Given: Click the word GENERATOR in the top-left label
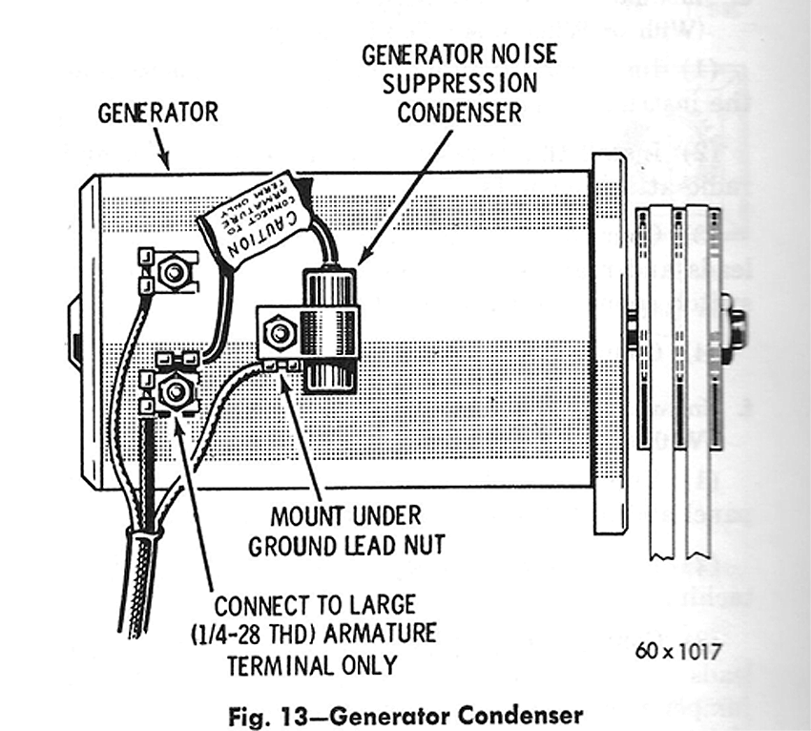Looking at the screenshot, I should coord(158,113).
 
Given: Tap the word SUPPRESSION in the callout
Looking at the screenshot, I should coord(459,83).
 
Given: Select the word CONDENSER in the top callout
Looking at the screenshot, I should coord(459,112).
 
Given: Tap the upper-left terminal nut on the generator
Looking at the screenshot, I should coord(173,274).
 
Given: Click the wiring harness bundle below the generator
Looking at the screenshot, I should coord(142,563).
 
